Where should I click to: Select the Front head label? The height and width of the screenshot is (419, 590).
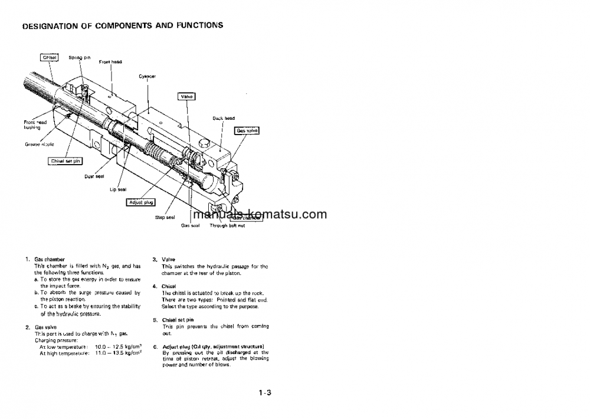tap(110, 61)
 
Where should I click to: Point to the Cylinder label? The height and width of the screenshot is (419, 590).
tap(147, 76)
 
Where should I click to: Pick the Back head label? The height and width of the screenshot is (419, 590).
tap(224, 118)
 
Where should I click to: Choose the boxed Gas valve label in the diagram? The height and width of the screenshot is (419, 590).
tap(247, 130)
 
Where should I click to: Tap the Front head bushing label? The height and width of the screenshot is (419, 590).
tap(35, 125)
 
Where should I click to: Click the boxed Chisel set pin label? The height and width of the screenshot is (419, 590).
tap(65, 161)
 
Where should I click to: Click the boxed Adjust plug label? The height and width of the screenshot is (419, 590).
tap(140, 202)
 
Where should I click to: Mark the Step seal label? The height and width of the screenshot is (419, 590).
tap(165, 217)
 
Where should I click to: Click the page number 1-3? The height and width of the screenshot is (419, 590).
tap(265, 392)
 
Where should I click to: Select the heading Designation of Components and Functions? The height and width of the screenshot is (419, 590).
tap(122, 25)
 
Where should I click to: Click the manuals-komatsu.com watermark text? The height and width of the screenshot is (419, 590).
tap(259, 215)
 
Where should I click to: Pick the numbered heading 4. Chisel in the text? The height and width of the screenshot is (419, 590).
tap(168, 286)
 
